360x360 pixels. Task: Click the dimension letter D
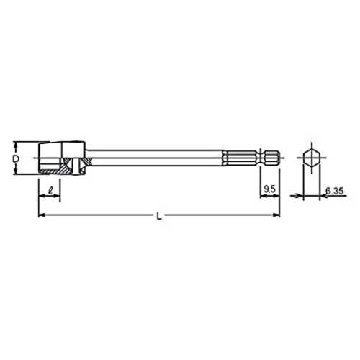(x=16, y=159)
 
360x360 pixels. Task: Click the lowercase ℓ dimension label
(x=50, y=190)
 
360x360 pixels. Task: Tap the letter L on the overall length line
(x=159, y=216)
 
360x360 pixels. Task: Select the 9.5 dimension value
(x=269, y=189)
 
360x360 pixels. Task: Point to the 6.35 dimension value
(x=335, y=191)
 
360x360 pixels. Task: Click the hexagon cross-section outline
(x=312, y=158)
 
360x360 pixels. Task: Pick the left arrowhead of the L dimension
(x=42, y=215)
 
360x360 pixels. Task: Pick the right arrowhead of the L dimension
(x=276, y=215)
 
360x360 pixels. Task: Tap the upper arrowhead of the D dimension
(x=16, y=145)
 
